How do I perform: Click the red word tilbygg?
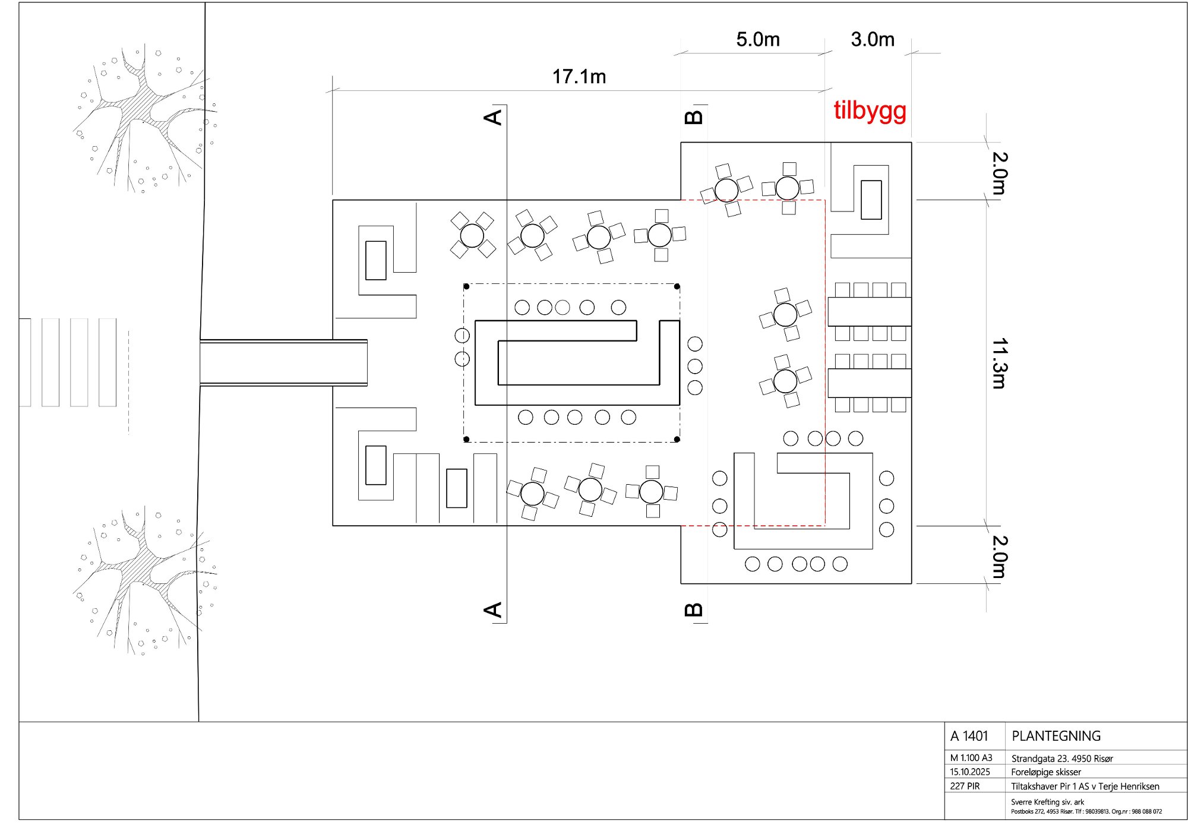point(870,111)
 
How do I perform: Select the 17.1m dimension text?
point(579,77)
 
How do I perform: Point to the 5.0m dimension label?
point(758,39)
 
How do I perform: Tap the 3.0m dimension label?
point(873,39)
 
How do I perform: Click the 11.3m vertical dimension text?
point(1000,364)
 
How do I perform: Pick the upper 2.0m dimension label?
point(1000,173)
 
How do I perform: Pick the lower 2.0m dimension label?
point(1000,557)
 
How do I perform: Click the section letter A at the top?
point(493,117)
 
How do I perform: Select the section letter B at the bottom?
point(694,610)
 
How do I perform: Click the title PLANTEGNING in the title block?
point(1056,736)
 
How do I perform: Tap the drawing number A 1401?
point(969,736)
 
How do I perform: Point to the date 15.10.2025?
point(970,772)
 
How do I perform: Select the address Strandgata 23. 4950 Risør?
point(1062,758)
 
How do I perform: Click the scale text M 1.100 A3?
point(971,758)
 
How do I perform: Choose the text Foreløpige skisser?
point(1046,772)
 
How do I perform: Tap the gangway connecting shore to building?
point(283,362)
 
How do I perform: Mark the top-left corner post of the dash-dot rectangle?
point(466,286)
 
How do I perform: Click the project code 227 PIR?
point(965,786)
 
